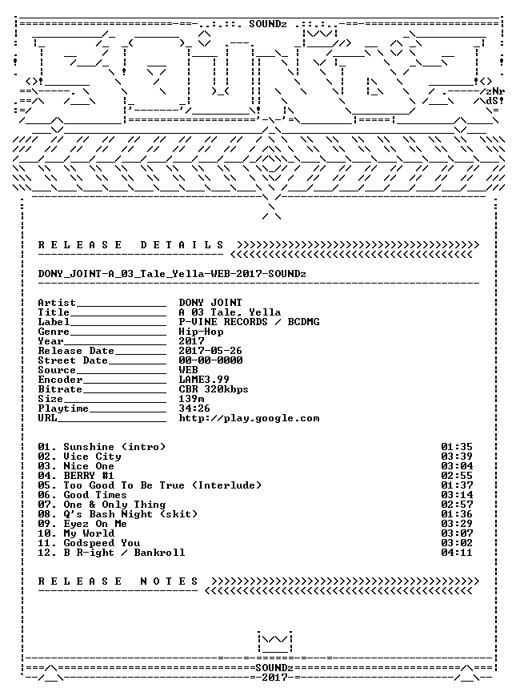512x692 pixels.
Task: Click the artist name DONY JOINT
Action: tap(210, 303)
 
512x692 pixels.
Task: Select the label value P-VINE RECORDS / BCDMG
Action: tap(249, 322)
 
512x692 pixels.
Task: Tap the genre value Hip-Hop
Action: tap(201, 332)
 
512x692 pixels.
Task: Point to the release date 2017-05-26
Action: tap(210, 351)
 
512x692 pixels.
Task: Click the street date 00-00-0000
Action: tap(210, 360)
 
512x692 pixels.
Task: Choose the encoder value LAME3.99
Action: tap(204, 380)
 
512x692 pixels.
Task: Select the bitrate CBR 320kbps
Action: tap(214, 389)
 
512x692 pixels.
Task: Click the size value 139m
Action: tap(191, 399)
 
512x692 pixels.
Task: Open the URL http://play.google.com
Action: tap(249, 418)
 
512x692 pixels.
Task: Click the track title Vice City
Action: tap(92, 457)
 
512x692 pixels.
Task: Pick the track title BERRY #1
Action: tap(89, 476)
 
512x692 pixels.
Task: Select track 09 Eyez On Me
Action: tap(82, 524)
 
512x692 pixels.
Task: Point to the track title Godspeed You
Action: tap(102, 543)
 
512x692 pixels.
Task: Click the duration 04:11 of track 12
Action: tap(457, 553)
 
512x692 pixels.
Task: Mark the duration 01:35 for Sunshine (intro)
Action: tap(457, 447)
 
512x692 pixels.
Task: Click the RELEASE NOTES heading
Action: tap(118, 581)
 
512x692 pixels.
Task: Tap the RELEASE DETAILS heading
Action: tap(131, 245)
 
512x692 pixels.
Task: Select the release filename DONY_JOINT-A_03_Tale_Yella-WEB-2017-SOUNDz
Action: tap(172, 274)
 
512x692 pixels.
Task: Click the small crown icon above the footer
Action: tap(275, 642)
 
